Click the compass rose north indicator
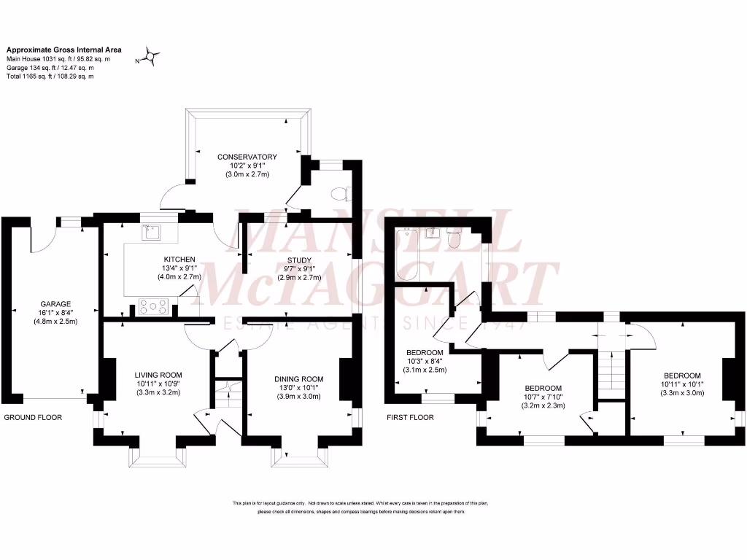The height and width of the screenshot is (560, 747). click(151, 56)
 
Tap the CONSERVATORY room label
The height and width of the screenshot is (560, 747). click(247, 157)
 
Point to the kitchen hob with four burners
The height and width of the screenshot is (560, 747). click(153, 307)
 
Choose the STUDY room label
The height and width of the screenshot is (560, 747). click(299, 260)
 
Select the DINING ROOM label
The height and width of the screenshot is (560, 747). click(298, 379)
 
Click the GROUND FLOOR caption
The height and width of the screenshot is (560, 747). click(33, 418)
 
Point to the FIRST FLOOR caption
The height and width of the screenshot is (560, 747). click(411, 418)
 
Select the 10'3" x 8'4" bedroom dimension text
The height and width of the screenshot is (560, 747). click(425, 361)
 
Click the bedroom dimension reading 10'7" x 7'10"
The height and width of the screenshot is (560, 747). click(543, 397)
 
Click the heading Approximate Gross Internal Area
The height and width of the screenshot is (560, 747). click(64, 50)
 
